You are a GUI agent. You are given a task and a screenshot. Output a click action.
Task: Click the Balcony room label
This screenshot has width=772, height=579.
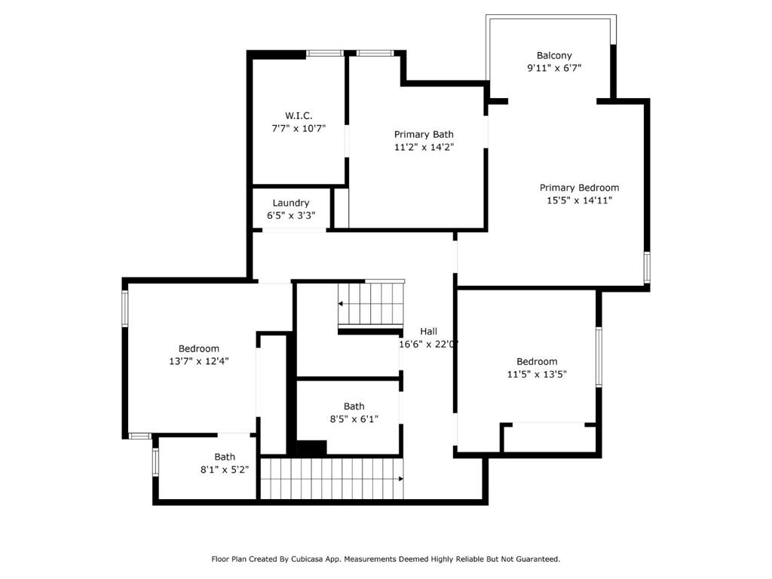(x=554, y=56)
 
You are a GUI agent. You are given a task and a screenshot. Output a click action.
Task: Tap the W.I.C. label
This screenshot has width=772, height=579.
(x=299, y=115)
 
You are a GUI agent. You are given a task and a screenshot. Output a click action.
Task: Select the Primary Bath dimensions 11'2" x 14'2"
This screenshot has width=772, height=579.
(x=424, y=147)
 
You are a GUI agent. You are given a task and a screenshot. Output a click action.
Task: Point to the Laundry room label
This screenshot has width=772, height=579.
(x=290, y=203)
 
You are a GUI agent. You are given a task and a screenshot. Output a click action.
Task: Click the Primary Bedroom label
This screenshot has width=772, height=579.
(x=579, y=188)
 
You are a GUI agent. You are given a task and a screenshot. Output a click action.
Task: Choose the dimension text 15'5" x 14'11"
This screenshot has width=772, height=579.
(x=579, y=201)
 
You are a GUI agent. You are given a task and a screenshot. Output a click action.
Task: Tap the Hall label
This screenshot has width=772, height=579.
(x=428, y=332)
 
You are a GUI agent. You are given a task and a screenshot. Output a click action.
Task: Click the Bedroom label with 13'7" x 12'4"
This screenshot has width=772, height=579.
(x=198, y=348)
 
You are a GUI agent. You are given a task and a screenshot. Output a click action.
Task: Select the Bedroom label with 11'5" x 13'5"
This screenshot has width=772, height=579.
(x=537, y=361)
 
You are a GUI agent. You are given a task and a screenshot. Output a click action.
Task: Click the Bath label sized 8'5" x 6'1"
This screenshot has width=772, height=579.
(x=354, y=406)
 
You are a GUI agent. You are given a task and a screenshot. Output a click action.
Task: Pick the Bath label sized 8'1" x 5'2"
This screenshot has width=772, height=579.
(x=225, y=457)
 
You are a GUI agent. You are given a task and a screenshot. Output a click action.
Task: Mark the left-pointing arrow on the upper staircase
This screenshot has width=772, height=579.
(x=340, y=304)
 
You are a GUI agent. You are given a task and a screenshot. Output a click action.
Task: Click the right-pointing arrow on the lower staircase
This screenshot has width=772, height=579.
(x=401, y=479)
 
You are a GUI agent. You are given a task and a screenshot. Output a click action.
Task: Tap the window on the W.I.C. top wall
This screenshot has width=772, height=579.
(x=324, y=54)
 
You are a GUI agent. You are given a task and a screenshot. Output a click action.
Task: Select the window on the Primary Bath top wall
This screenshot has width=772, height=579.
(x=375, y=54)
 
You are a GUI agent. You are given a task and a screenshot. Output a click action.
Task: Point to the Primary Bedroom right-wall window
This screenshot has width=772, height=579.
(x=647, y=268)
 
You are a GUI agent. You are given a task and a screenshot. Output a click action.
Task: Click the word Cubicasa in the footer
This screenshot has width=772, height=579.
(x=306, y=559)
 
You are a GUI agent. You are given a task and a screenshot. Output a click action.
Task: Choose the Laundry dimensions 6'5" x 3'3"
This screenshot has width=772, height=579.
(x=290, y=215)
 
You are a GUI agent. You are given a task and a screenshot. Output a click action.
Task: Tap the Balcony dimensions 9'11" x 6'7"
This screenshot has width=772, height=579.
(x=554, y=68)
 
